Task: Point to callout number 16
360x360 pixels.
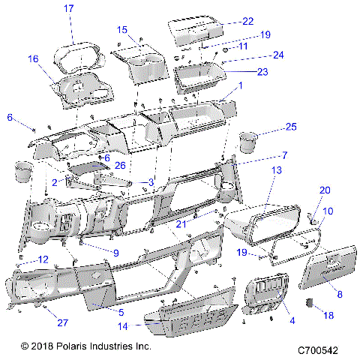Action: (x=33, y=58)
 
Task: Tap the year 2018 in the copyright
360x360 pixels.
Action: (x=44, y=347)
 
